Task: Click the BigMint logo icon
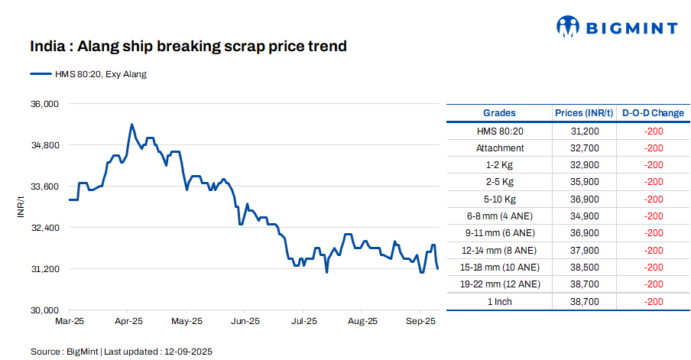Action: pyautogui.click(x=568, y=27)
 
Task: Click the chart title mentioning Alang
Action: pyautogui.click(x=188, y=47)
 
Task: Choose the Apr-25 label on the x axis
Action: pyautogui.click(x=128, y=322)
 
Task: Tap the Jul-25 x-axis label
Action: pyautogui.click(x=303, y=322)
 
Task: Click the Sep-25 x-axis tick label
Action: pyautogui.click(x=420, y=322)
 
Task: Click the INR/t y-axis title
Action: pyautogui.click(x=21, y=206)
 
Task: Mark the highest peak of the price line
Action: pyautogui.click(x=131, y=124)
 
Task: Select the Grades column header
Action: pyautogui.click(x=499, y=113)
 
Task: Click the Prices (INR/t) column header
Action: pyautogui.click(x=584, y=113)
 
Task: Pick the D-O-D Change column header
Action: pyautogui.click(x=653, y=113)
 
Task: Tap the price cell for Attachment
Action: pyautogui.click(x=584, y=148)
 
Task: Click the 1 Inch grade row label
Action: pyautogui.click(x=500, y=302)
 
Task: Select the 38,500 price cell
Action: pyautogui.click(x=584, y=268)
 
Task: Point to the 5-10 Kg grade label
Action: pyautogui.click(x=500, y=199)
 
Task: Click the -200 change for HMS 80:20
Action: pyautogui.click(x=653, y=131)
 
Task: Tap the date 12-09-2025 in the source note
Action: pyautogui.click(x=187, y=352)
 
